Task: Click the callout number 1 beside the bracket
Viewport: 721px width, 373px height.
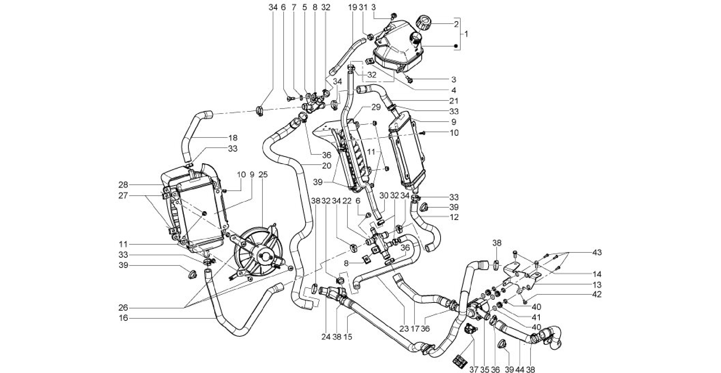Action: point(466,34)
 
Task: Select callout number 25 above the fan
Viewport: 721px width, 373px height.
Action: point(263,174)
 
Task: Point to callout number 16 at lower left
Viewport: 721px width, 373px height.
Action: point(123,318)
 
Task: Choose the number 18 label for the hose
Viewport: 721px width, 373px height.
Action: point(232,138)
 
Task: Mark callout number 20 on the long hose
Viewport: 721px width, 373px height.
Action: point(327,166)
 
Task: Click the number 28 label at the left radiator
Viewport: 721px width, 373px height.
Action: point(123,185)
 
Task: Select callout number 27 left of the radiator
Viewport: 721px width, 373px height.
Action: point(123,196)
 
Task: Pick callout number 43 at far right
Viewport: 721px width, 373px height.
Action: point(596,252)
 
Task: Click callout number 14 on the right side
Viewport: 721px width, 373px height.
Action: point(596,274)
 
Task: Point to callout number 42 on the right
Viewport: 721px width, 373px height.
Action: point(596,294)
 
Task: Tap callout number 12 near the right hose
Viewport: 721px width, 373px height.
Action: point(454,217)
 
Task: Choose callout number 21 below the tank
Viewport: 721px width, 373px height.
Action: point(454,101)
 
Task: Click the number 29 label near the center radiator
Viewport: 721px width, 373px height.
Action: point(376,107)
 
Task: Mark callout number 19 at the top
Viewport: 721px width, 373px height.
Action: point(352,7)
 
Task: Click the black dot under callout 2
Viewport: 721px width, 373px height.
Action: point(456,46)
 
